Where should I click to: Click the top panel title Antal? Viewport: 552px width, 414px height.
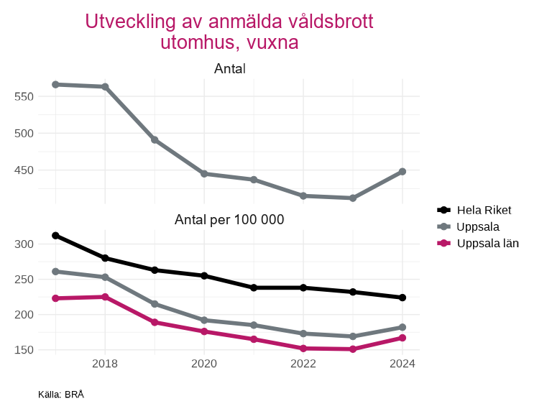(x=230, y=69)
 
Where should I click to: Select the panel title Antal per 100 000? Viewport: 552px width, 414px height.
(x=230, y=220)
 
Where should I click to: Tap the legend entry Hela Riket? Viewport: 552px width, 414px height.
(x=484, y=210)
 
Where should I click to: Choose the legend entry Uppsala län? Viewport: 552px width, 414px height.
(x=487, y=243)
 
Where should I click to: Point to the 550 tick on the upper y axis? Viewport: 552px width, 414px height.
(x=24, y=96)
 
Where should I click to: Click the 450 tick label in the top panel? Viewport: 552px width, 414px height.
(x=24, y=170)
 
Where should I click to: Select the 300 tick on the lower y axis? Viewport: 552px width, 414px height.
(x=24, y=244)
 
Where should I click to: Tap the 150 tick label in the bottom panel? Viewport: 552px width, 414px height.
(x=24, y=350)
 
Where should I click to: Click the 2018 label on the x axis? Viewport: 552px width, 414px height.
(x=105, y=364)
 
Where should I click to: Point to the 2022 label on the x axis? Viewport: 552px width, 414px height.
(x=303, y=364)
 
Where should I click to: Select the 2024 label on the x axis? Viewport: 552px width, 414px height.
(x=402, y=364)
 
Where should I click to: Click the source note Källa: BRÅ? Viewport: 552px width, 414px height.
(x=61, y=395)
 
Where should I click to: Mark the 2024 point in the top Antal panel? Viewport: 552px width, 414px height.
(x=402, y=172)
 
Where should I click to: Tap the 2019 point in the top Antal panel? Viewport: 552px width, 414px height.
(x=155, y=139)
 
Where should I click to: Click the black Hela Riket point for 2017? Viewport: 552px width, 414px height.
(x=55, y=236)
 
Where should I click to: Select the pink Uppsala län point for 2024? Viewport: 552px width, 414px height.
(x=402, y=338)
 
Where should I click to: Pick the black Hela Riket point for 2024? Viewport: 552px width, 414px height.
(x=402, y=298)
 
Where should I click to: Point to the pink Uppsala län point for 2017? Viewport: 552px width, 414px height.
(x=55, y=298)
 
